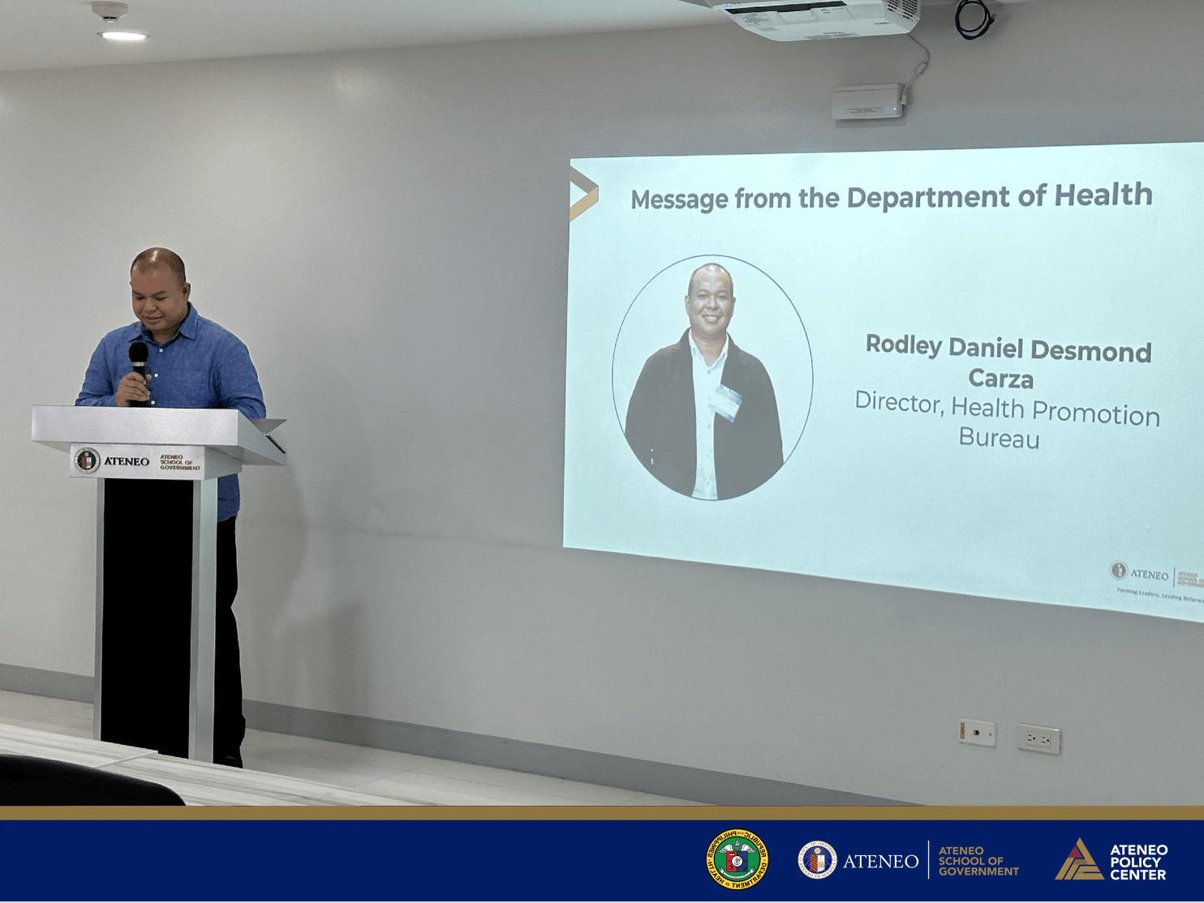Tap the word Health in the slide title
coord(1103,195)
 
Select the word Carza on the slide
coord(1000,379)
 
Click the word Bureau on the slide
coord(999,439)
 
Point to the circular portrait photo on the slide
coord(712,378)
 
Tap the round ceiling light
coord(123,36)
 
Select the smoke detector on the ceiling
coord(110,11)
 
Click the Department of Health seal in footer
coord(737,859)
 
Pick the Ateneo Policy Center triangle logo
coord(1078,860)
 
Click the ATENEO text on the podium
coord(127,461)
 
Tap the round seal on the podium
coord(87,460)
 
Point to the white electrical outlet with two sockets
coord(1038,739)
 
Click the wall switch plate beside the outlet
coord(977,733)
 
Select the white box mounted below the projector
coord(867,102)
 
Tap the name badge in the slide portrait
coord(725,401)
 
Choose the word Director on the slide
coord(899,402)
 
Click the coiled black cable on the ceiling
coord(974,19)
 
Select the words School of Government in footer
coord(978,861)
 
